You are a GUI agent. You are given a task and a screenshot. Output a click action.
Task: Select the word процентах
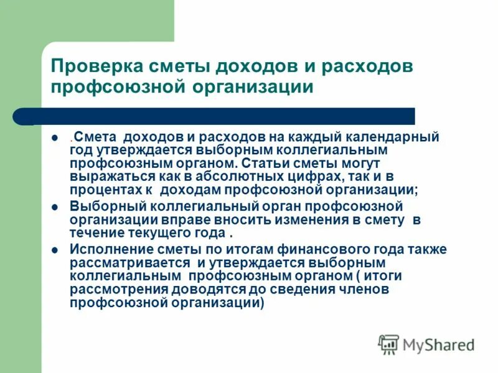pos(104,190)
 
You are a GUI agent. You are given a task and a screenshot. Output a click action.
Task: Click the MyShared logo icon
pos(388,344)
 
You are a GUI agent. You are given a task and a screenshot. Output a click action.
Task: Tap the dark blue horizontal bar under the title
pos(218,116)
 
